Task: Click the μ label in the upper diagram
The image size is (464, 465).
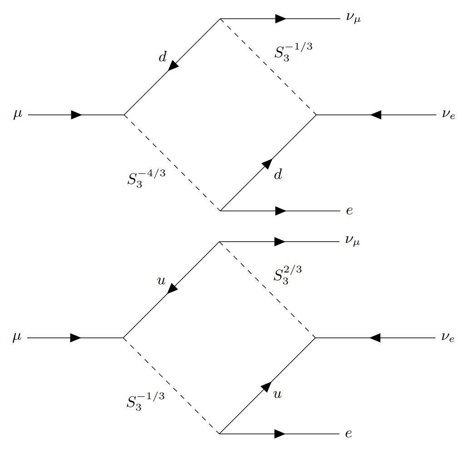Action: [x=18, y=115]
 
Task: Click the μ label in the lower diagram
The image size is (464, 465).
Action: [x=17, y=338]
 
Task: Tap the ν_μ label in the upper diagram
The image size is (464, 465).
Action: [x=353, y=20]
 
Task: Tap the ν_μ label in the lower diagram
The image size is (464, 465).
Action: [x=353, y=242]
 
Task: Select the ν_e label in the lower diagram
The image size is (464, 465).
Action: [x=447, y=338]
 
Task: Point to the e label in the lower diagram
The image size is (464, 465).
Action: [x=349, y=434]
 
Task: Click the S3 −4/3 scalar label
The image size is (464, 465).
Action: [x=145, y=178]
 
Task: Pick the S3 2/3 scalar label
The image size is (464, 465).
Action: [x=288, y=275]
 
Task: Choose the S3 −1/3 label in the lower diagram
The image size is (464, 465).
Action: [x=145, y=401]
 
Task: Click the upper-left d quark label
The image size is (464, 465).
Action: [x=163, y=57]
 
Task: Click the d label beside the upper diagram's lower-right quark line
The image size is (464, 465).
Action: [x=278, y=175]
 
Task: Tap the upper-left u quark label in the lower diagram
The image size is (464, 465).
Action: [x=162, y=281]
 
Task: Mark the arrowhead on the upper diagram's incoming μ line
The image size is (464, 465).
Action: [x=77, y=115]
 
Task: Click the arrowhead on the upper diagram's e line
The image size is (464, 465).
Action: [x=281, y=211]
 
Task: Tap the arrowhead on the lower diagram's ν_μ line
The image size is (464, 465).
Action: [x=280, y=242]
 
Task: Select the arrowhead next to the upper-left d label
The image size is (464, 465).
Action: [x=173, y=65]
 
